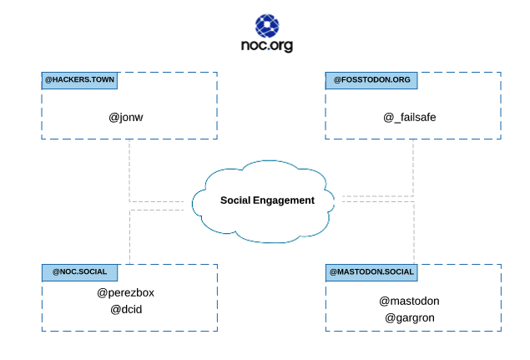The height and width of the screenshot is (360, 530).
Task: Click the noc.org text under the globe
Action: click(x=266, y=45)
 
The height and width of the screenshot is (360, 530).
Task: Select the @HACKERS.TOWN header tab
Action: click(x=79, y=80)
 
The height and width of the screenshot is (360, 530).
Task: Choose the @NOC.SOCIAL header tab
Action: click(x=79, y=272)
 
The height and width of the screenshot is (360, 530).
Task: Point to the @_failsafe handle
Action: click(x=410, y=117)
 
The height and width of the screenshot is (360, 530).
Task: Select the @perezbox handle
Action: click(x=126, y=292)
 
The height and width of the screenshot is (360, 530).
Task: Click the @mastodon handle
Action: click(x=409, y=301)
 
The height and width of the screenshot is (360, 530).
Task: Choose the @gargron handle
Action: click(x=410, y=317)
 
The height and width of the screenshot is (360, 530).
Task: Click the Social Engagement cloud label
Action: click(x=267, y=200)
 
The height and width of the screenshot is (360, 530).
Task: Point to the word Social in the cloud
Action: click(x=236, y=200)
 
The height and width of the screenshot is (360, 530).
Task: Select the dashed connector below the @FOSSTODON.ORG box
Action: click(x=414, y=167)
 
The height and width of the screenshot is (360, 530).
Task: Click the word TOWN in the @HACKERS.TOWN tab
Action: click(x=99, y=80)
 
